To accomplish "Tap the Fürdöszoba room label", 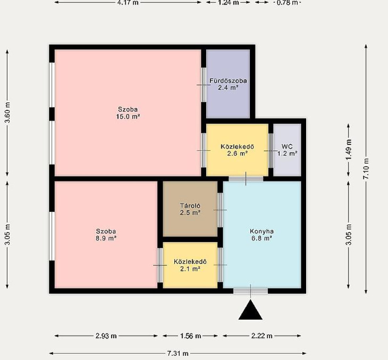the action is point(228,84).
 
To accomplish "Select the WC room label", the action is point(287,150).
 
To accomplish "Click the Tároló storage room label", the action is point(190,209).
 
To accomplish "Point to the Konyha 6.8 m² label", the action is point(261,235).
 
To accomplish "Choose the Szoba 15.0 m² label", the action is point(128,113).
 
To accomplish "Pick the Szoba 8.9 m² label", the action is point(106,235).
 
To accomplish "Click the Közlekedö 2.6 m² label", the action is point(237,150).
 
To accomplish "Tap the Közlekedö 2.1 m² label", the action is point(190,265).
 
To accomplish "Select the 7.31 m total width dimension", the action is point(178,353).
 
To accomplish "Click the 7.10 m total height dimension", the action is point(366,169).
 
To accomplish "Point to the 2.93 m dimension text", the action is point(106,336).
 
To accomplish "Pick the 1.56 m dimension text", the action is point(190,336).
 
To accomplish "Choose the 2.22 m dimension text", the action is point(262,336).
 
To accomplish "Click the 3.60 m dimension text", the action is point(8,112).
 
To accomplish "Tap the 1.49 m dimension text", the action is point(349,150).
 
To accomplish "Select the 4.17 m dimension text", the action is point(128,3).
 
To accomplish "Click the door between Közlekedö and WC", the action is point(271,151).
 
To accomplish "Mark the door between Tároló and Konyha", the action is point(220,210).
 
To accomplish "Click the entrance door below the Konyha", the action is point(250,291).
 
